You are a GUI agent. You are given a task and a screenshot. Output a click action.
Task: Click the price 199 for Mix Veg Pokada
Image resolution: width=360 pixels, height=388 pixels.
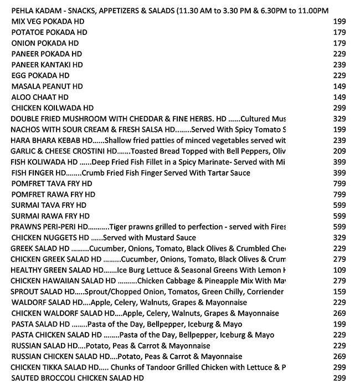click(340, 22)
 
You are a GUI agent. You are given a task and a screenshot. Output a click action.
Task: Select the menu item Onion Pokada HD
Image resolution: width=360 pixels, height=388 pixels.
click(45, 43)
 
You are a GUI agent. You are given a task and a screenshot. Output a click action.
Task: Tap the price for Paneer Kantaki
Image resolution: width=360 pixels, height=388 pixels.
click(340, 65)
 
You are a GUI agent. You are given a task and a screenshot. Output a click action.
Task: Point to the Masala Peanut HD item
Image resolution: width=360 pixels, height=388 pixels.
click(47, 86)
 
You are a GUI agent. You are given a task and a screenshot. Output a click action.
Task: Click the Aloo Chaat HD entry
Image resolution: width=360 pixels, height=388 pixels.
click(40, 97)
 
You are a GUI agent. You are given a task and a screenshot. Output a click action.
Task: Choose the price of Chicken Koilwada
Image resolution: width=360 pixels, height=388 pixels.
click(340, 108)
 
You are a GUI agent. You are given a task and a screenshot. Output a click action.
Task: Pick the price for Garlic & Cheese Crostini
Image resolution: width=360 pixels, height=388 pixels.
click(340, 151)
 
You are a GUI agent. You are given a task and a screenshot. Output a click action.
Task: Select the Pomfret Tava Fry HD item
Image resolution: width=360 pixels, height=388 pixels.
click(52, 183)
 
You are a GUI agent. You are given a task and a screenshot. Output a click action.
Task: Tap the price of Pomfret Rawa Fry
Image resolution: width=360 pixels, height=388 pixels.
click(340, 195)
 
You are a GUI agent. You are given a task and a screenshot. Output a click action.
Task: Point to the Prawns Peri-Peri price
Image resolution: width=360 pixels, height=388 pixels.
click(340, 227)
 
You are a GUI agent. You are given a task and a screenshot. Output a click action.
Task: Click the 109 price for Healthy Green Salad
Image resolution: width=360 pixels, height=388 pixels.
click(340, 270)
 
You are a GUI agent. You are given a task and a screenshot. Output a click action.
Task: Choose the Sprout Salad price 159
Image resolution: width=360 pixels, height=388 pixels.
click(340, 292)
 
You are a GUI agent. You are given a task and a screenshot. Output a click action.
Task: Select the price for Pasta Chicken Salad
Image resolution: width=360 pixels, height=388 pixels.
click(340, 335)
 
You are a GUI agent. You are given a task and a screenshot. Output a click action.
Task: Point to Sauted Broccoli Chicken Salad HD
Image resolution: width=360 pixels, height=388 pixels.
click(78, 378)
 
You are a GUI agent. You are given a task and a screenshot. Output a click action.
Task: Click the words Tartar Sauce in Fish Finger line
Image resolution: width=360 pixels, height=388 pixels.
click(228, 173)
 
